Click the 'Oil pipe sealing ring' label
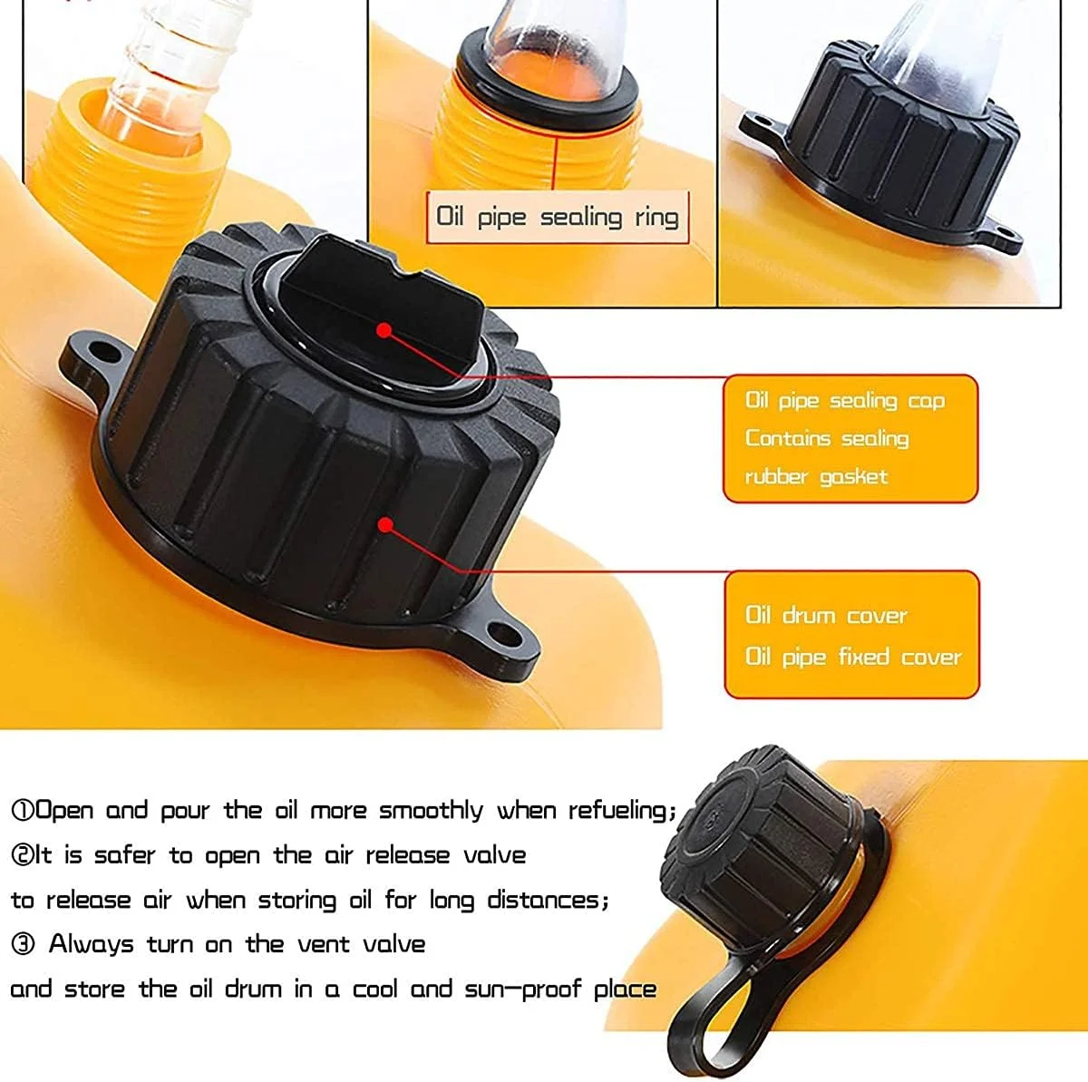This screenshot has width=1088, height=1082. coord(557,217)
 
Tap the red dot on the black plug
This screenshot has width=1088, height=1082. coord(384,330)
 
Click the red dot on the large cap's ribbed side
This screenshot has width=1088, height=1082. coord(385,525)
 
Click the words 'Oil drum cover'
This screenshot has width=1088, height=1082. coord(826,615)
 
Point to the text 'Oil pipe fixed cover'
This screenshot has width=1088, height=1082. coord(853,657)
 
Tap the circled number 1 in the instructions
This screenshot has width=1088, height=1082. coord(23,811)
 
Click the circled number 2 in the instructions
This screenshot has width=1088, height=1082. coord(23,855)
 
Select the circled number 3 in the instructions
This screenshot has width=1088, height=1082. coord(23,943)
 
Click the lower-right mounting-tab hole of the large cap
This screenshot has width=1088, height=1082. coord(504,635)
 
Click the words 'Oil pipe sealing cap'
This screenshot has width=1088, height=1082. coord(845,401)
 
